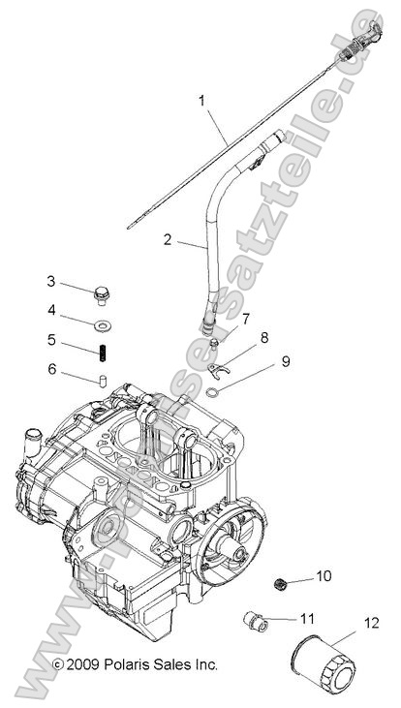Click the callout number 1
click(202, 100)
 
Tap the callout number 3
click(50, 282)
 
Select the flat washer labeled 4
click(102, 320)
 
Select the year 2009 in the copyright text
click(81, 664)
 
